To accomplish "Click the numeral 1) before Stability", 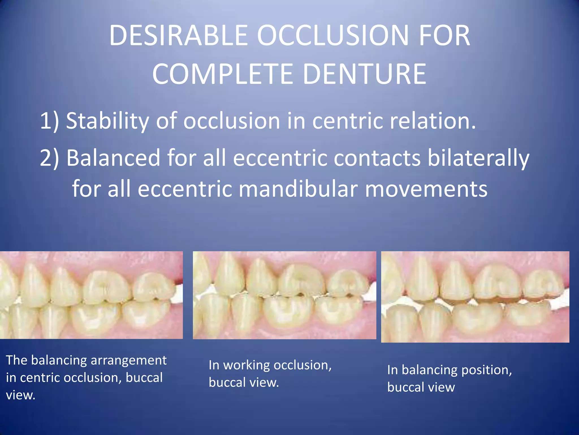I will pos(49,121).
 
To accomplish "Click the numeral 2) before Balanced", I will pos(49,158).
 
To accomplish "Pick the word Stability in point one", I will pos(107,121).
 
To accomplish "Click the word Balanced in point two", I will pos(113,158).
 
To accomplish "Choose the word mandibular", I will pos(298,189).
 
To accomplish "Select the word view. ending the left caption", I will pos(21,395).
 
